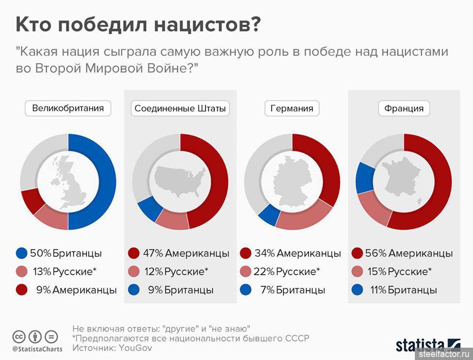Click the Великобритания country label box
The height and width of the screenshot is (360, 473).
[x=68, y=108]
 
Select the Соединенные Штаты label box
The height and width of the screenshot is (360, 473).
[x=180, y=108]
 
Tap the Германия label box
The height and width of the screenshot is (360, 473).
[x=292, y=108]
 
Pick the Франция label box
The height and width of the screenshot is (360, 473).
[x=404, y=108]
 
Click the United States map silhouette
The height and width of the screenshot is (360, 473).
[x=180, y=180]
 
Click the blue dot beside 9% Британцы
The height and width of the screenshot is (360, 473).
[x=134, y=290]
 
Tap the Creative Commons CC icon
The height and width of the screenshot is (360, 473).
[x=19, y=337]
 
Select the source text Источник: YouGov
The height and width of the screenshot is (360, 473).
[x=112, y=348]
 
